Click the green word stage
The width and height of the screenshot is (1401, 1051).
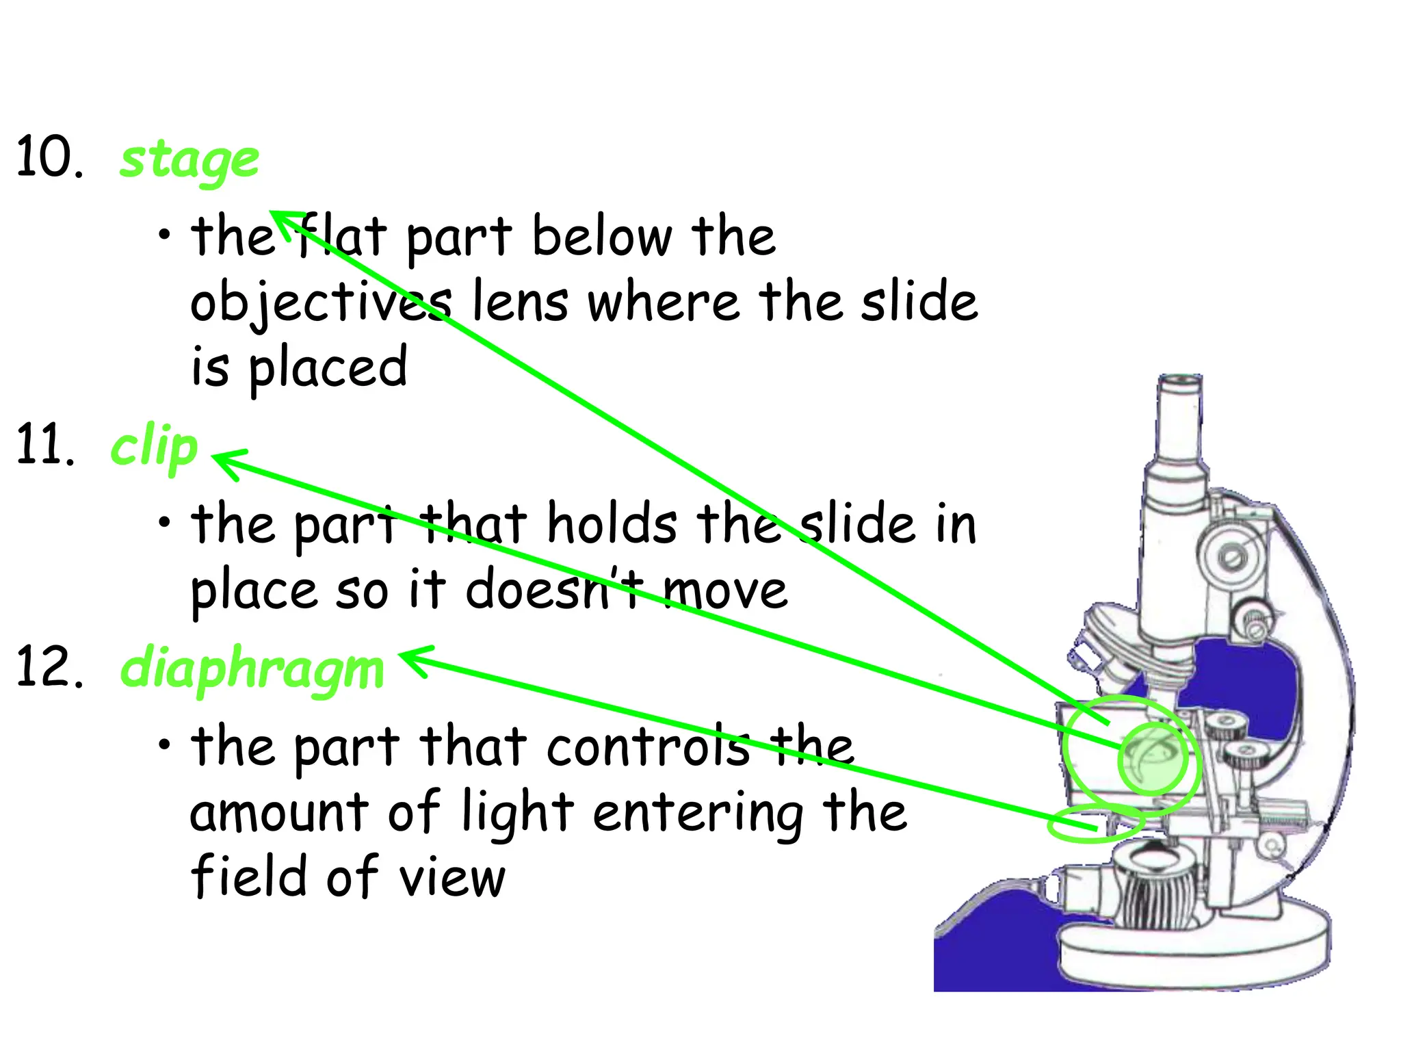(x=189, y=161)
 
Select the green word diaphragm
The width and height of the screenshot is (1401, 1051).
(x=252, y=669)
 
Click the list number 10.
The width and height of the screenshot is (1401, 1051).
(x=50, y=157)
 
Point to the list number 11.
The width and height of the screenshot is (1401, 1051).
(x=45, y=445)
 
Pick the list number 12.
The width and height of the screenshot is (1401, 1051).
(x=50, y=666)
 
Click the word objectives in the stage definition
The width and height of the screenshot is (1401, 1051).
(x=321, y=302)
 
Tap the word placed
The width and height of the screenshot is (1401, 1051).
(x=328, y=368)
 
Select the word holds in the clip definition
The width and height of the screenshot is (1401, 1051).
(x=612, y=525)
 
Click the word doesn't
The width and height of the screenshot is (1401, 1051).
(x=554, y=590)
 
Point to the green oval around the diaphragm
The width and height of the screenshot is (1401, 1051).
(x=1095, y=823)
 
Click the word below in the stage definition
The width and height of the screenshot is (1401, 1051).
(x=602, y=237)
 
